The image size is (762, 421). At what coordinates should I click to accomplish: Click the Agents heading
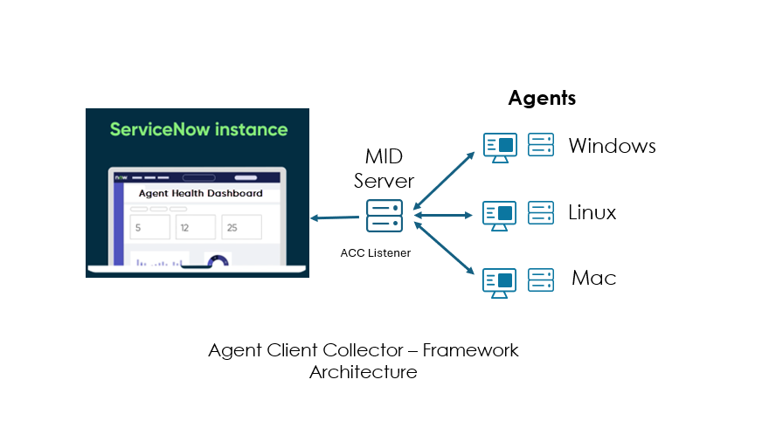click(x=542, y=98)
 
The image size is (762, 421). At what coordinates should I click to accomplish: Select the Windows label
click(x=612, y=146)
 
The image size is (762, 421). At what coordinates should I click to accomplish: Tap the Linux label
click(x=592, y=212)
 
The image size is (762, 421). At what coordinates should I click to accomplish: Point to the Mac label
click(x=594, y=279)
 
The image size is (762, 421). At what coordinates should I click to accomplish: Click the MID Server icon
click(x=384, y=215)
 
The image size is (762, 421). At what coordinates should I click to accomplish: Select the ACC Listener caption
click(x=376, y=253)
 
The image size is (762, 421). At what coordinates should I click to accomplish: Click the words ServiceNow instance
click(x=198, y=129)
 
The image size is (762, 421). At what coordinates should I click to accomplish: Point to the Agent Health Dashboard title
click(x=200, y=193)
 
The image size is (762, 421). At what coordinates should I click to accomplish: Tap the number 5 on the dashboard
click(x=137, y=228)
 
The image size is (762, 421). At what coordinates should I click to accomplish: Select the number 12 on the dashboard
click(x=184, y=228)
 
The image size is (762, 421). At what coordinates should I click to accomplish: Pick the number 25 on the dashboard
click(x=232, y=228)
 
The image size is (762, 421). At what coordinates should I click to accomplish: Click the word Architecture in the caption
click(x=363, y=372)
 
